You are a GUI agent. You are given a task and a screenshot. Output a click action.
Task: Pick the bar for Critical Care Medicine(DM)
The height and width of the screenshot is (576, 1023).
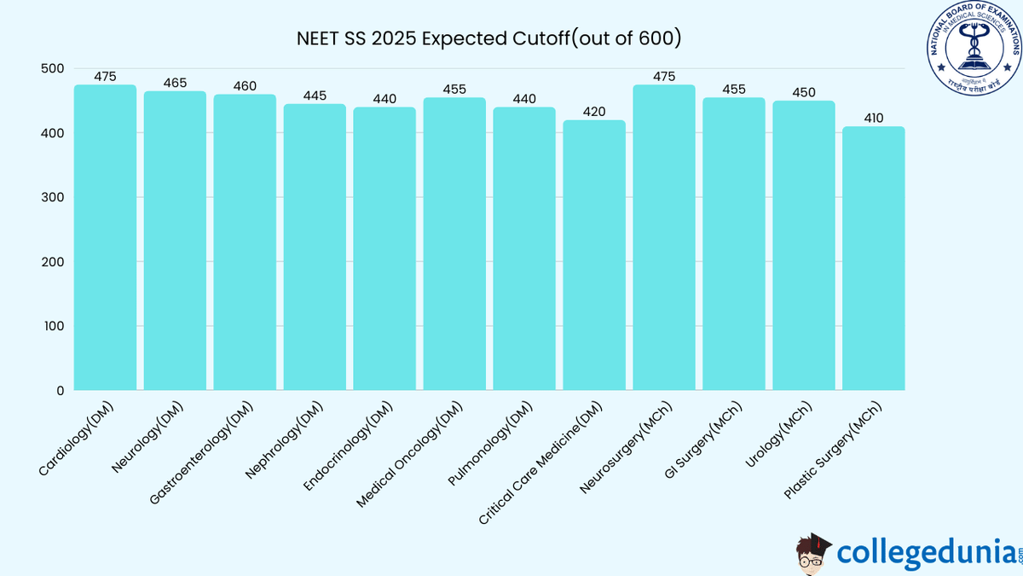coord(593,255)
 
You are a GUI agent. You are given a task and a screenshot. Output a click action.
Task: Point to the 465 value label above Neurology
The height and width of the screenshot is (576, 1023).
coord(175,83)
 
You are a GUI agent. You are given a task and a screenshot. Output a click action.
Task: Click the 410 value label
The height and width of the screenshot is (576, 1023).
coord(873,119)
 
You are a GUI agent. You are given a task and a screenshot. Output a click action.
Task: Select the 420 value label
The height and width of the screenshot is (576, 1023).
coord(593,112)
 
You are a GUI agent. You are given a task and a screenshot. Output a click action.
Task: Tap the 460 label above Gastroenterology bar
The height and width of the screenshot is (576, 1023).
coord(245,86)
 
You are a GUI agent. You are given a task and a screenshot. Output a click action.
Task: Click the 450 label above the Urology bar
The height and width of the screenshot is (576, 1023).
coord(803,93)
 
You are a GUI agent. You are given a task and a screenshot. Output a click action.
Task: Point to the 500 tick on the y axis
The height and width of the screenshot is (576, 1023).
coord(52,69)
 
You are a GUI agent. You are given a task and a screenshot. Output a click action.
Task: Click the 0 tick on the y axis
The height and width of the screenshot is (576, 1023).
coord(60,391)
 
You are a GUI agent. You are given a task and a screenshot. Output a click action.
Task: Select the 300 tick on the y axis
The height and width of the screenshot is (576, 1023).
coord(52,198)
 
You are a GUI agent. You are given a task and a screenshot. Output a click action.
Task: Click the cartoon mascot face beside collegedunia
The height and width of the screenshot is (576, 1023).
coord(812,553)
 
